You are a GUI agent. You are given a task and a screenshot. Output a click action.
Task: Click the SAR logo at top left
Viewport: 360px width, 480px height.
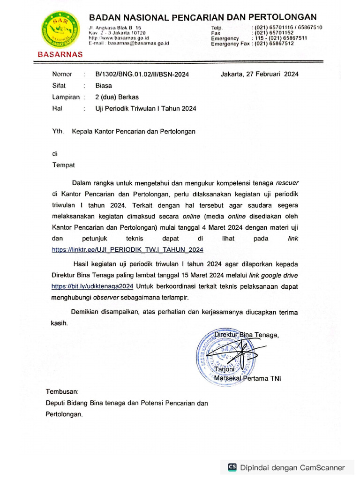pyautogui.click(x=60, y=30)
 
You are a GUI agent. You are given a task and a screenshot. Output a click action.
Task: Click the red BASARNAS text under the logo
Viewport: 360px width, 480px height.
pyautogui.click(x=60, y=54)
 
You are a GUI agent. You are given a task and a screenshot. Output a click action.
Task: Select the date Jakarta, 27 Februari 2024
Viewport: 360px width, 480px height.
pyautogui.click(x=260, y=74)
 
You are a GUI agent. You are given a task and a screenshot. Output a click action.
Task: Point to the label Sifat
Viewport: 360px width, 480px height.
pyautogui.click(x=59, y=86)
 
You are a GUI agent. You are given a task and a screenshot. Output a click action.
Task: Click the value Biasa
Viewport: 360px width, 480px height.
pyautogui.click(x=104, y=86)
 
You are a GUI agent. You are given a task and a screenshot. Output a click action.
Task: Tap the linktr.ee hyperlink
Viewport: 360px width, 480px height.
pyautogui.click(x=127, y=249)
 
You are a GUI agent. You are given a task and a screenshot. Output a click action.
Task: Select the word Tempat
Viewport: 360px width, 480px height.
pyautogui.click(x=63, y=165)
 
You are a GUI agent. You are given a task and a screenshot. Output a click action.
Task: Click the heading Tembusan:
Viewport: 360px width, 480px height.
pyautogui.click(x=62, y=391)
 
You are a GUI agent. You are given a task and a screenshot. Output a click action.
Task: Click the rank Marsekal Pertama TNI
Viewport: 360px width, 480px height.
pyautogui.click(x=247, y=379)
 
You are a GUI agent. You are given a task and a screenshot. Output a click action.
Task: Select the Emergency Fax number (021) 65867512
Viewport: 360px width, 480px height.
pyautogui.click(x=274, y=44)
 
